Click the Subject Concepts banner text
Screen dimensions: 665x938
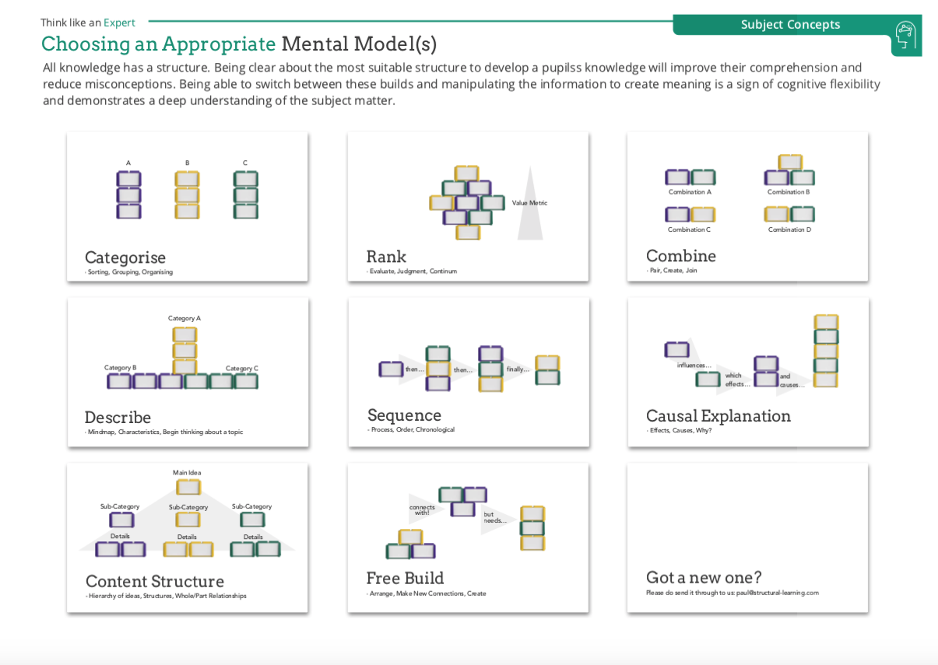(790, 24)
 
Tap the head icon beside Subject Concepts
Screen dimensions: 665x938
(905, 35)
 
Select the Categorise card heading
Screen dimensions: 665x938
(125, 257)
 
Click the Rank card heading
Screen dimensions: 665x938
(386, 257)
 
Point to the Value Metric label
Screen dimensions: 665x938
(529, 203)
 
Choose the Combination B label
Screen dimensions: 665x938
(789, 192)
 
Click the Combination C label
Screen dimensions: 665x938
(689, 229)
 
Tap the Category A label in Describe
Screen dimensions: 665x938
(184, 318)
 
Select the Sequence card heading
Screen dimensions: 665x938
(404, 415)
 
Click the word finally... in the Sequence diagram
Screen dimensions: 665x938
(518, 369)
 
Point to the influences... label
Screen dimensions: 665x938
(694, 366)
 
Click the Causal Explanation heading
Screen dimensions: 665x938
(718, 416)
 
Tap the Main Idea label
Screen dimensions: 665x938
(187, 473)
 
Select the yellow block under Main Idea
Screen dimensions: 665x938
(188, 488)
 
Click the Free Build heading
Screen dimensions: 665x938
(405, 579)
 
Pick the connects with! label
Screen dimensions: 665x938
(422, 509)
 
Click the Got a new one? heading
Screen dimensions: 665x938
(703, 578)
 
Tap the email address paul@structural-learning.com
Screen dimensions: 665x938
(777, 593)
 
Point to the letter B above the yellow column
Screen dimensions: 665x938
(187, 163)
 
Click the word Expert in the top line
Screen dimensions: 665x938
(119, 23)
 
